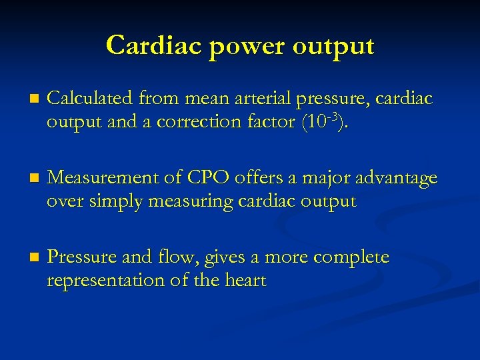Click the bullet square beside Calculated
(25, 100)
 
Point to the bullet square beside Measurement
(25, 179)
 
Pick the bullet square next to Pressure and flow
(25, 257)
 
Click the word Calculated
(91, 99)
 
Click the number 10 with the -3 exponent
(313, 122)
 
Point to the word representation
(105, 280)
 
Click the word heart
(244, 280)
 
